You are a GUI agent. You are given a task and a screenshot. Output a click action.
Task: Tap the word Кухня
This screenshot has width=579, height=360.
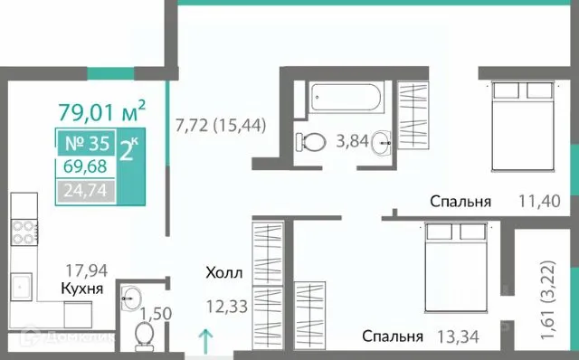81,289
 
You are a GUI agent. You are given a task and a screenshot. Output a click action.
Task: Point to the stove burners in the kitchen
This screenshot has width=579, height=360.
22,232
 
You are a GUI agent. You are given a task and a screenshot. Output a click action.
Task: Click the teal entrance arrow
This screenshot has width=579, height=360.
205,342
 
